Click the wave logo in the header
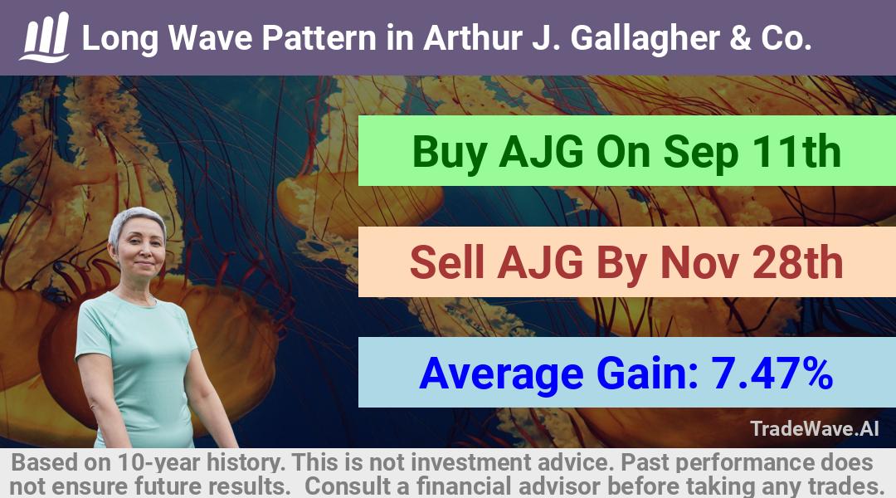[x=45, y=37]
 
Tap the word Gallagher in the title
[x=645, y=39]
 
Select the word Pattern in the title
[x=319, y=37]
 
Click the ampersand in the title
[x=740, y=37]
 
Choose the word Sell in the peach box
[x=447, y=262]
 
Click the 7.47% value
[x=772, y=373]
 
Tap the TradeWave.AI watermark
[x=815, y=428]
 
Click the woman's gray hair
[x=137, y=220]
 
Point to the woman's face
[x=140, y=251]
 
